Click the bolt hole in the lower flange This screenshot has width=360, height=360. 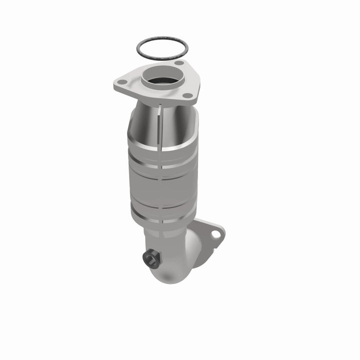point(215,234)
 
